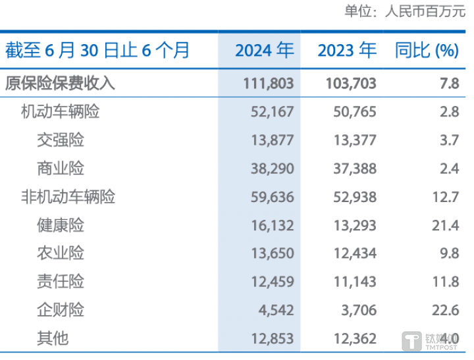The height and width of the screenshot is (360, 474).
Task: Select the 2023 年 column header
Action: [347, 51]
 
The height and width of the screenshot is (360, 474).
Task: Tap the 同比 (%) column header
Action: [427, 51]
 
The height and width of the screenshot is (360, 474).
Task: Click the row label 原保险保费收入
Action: [60, 83]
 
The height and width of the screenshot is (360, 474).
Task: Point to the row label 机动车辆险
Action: [61, 111]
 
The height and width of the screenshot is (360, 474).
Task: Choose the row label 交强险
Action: [61, 140]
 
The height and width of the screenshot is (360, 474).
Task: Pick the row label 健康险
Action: [61, 225]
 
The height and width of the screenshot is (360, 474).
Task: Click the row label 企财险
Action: [61, 309]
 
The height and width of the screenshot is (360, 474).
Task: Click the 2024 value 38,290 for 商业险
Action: [272, 168]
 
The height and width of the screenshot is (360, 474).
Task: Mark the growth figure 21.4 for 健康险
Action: [444, 225]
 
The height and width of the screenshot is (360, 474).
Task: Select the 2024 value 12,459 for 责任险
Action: [272, 282]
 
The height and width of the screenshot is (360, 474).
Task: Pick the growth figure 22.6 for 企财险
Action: [444, 309]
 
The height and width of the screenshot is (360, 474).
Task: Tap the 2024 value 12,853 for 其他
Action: [272, 338]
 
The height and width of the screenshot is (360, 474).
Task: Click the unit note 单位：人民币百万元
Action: [404, 12]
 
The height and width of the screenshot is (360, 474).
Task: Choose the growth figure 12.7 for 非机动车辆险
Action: [444, 196]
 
